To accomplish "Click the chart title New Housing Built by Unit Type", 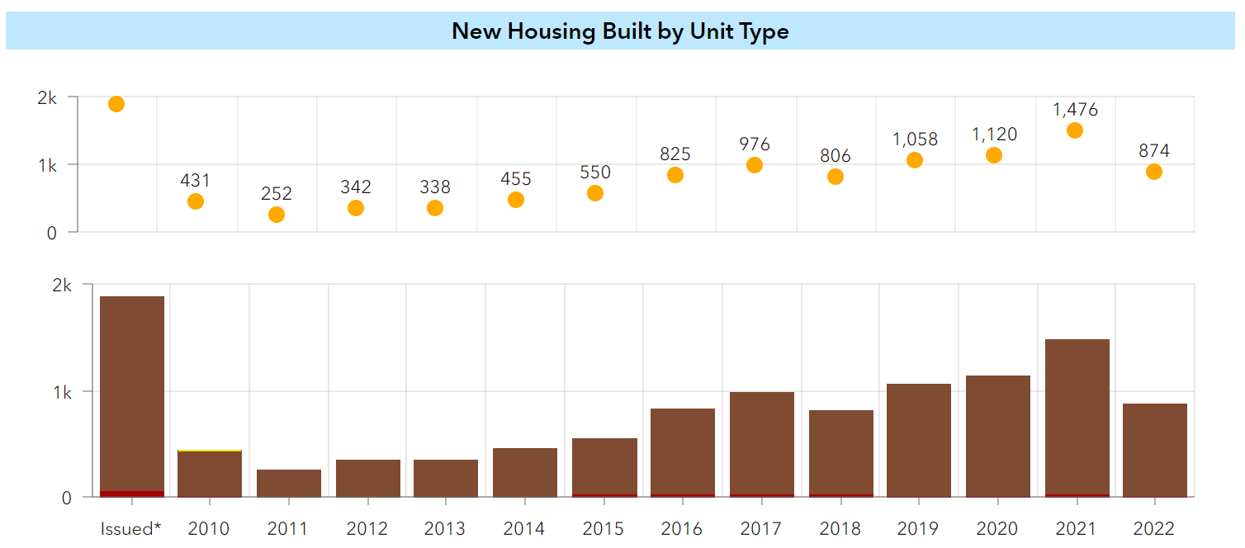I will pos(620,31).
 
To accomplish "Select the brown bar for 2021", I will pos(1077,417).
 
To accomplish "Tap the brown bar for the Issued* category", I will pos(132,392).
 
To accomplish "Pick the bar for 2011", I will pos(289,483).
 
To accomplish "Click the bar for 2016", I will pos(683,452).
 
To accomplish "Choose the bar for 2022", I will pos(1155,450).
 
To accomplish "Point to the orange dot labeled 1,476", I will pos(1074,130).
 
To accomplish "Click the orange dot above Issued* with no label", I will pos(116,104).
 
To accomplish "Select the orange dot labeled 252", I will pos(277,215).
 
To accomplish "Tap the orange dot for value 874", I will pos(1154,172).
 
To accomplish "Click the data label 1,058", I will pos(915,139).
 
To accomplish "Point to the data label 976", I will pos(755,144).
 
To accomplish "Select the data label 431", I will pos(196,181).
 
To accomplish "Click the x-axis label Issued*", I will pos(131,528).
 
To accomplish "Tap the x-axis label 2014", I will pos(525,528).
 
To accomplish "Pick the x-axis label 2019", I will pos(918,528).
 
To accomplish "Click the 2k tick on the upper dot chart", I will pos(48,97).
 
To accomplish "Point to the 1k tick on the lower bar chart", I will pos(62,392).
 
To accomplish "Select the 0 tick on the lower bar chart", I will pos(66,498).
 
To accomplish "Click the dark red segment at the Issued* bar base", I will pos(132,494).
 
